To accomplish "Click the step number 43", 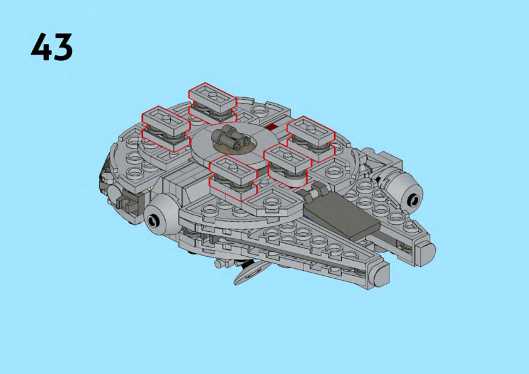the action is click(52, 47).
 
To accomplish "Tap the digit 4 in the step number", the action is click(41, 47).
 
